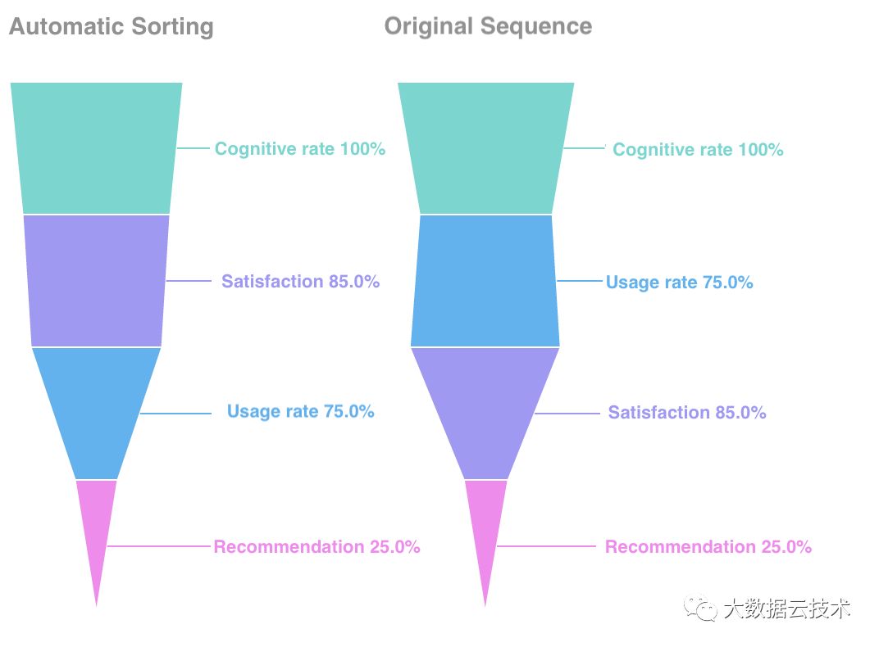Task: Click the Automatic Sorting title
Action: [111, 27]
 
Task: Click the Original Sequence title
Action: [488, 26]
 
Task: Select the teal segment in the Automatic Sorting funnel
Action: [96, 147]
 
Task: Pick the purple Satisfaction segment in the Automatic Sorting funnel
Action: [96, 280]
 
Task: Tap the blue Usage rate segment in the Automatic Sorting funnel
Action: [96, 409]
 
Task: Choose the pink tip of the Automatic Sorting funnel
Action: [97, 532]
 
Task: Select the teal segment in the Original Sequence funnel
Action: [485, 147]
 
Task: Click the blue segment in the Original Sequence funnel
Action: [485, 280]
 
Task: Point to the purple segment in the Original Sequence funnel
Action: [485, 409]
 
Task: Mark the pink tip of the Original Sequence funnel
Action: [485, 532]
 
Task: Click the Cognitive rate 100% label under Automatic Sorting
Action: [300, 149]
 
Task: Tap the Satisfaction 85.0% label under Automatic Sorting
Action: [300, 282]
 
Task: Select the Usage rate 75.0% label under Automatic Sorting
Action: [300, 411]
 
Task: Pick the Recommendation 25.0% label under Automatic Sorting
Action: [317, 547]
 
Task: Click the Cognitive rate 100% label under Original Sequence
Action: [699, 150]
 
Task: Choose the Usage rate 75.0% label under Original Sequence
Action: [679, 283]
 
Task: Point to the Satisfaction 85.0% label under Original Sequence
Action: [687, 413]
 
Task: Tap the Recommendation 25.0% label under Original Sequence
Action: [708, 547]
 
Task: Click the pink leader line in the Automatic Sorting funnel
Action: [159, 546]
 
